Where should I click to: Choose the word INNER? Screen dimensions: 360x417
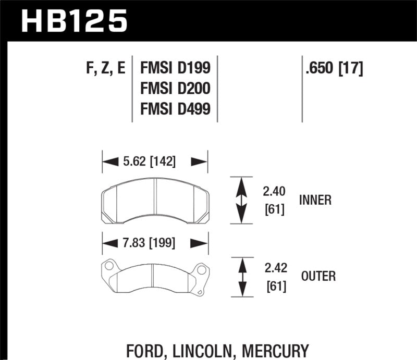(x=316, y=200)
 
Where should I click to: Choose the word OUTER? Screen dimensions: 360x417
(x=317, y=276)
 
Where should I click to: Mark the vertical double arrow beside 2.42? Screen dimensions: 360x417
(x=241, y=277)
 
